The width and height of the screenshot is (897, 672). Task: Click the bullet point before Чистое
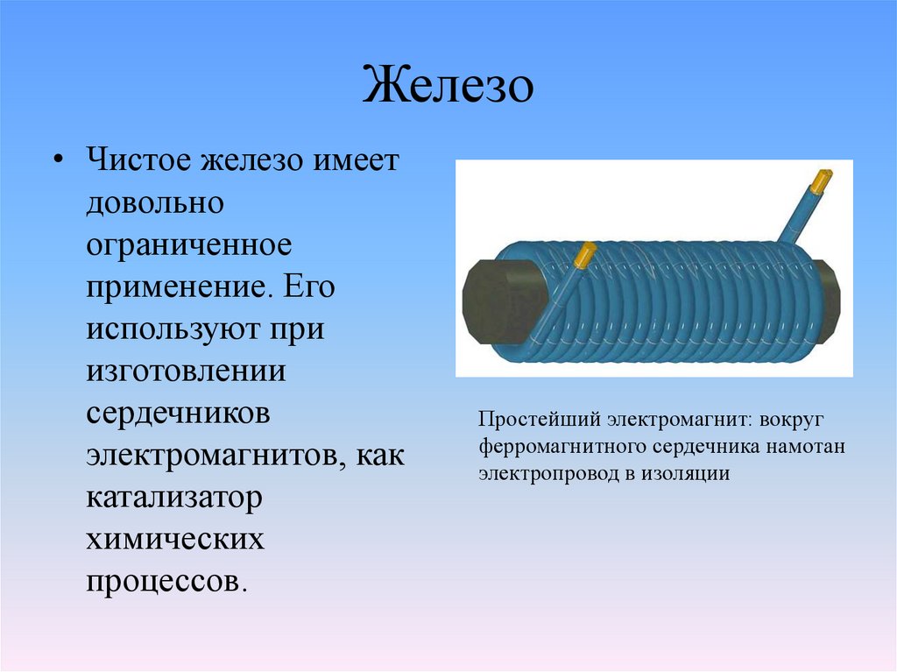click(x=58, y=165)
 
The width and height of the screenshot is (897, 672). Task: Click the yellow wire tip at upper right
click(x=822, y=180)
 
